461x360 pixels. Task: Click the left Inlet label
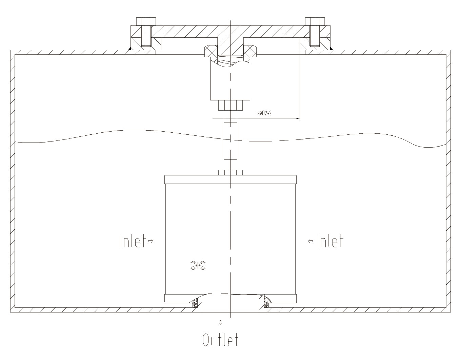pos(133,241)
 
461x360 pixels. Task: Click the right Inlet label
pos(330,241)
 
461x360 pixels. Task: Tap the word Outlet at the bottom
pos(220,340)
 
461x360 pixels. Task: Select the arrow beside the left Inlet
pos(151,241)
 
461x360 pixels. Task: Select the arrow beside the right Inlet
pos(310,241)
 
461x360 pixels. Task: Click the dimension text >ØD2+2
pos(264,113)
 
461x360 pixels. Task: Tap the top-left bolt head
pos(146,21)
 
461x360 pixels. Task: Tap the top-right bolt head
pos(315,21)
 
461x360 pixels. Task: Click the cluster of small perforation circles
pos(198,265)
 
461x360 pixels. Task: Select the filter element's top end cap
pos(230,179)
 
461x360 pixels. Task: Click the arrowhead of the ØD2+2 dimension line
pos(298,118)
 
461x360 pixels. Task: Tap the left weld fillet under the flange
pos(130,50)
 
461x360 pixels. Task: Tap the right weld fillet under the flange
pos(331,50)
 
